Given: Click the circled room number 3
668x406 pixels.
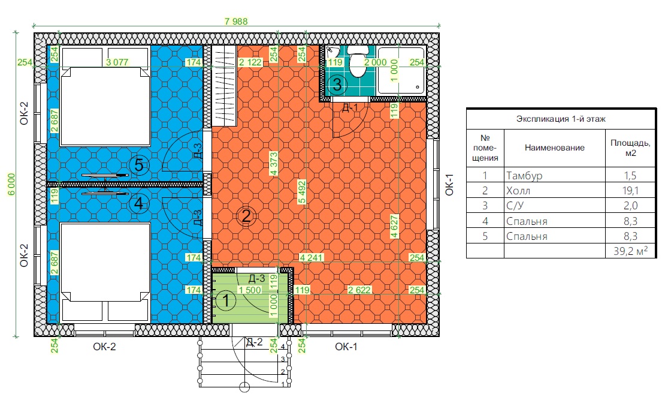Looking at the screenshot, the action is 337,84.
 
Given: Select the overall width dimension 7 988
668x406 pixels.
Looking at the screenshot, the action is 236,22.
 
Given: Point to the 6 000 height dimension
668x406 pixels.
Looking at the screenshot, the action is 11,184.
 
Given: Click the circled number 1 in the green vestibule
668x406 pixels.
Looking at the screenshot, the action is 226,300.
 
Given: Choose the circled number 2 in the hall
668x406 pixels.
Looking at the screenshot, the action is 246,216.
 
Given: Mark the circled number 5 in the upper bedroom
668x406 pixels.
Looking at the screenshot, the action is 139,165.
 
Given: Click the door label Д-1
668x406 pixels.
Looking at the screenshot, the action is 350,107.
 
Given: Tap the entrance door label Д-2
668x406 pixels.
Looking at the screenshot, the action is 255,342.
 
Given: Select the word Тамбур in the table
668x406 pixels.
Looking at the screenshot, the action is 524,175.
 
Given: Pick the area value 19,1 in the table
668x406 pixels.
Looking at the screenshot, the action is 630,191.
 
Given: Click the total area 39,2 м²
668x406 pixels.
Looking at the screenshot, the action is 630,251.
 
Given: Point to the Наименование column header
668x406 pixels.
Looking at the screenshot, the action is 555,148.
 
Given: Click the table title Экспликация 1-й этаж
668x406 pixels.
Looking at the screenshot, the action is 561,119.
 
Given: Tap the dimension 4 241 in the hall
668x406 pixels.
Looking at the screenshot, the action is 311,258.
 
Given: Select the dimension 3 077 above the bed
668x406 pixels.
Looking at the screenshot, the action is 117,62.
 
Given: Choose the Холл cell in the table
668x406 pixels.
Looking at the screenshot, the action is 518,191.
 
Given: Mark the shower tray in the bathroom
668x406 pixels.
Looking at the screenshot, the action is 401,70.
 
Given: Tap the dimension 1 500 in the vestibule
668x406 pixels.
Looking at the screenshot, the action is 250,290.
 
